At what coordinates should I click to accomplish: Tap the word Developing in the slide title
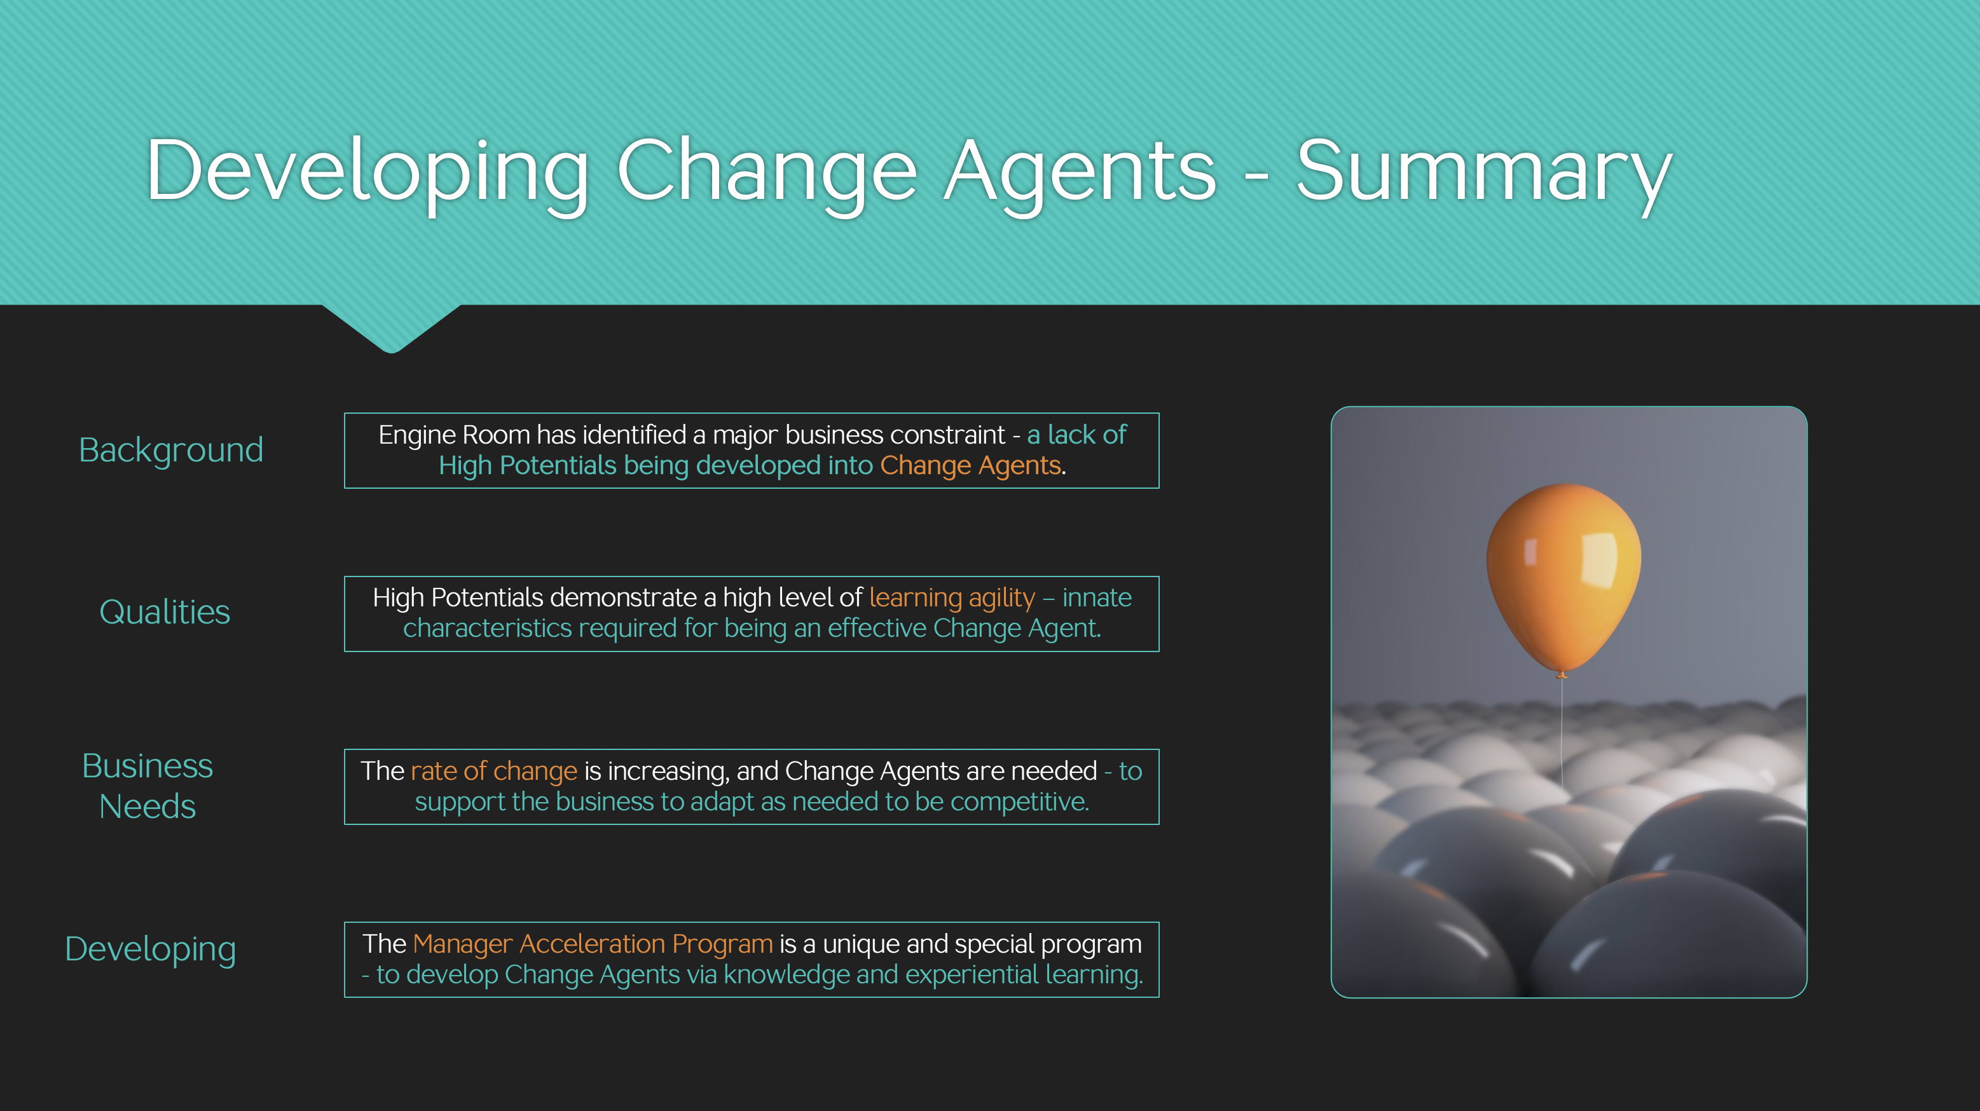pos(368,174)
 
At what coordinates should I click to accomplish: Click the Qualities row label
pos(165,612)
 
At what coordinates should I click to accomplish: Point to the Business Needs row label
pos(148,786)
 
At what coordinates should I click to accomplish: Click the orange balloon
pos(1564,578)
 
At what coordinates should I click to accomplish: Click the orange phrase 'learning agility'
pos(952,597)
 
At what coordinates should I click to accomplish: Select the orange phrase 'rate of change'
pos(493,770)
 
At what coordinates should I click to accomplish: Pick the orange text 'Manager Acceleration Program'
pos(593,943)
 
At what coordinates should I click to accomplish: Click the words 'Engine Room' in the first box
pos(454,435)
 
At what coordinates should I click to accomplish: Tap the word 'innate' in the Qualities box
pos(1097,597)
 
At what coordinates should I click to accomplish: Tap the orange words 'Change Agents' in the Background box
pos(970,467)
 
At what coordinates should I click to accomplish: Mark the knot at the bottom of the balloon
pos(1561,674)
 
